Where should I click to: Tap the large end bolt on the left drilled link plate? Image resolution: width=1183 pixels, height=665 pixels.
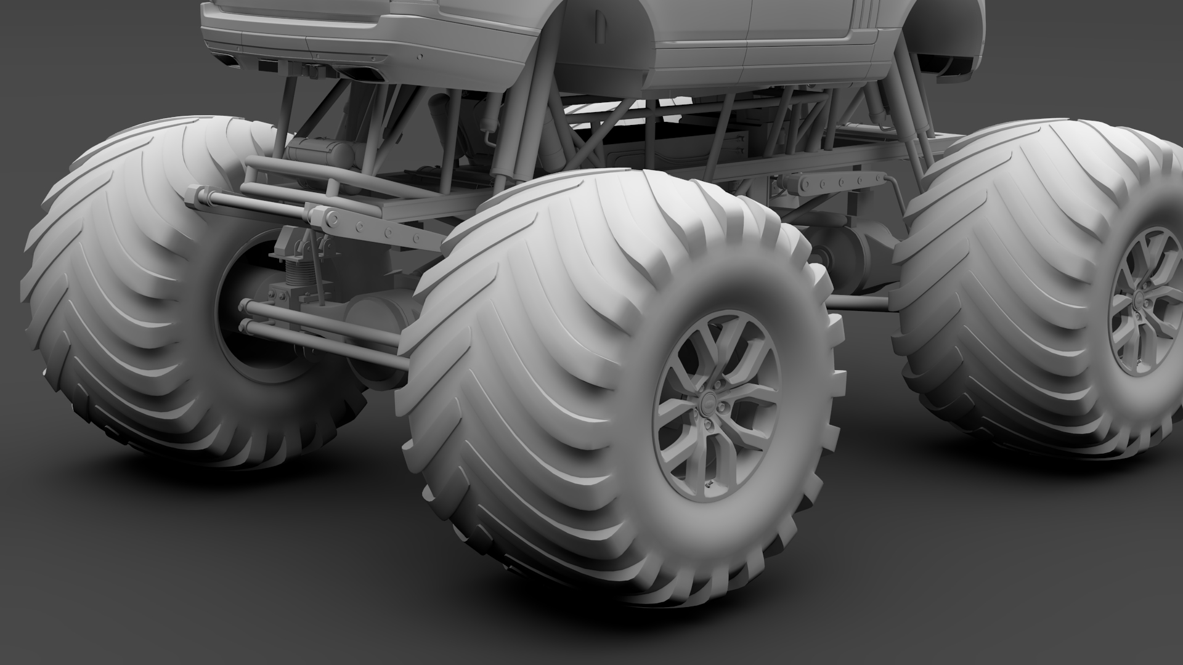pyautogui.click(x=333, y=218)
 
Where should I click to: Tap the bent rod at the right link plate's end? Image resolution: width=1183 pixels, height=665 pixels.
pyautogui.click(x=891, y=182)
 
